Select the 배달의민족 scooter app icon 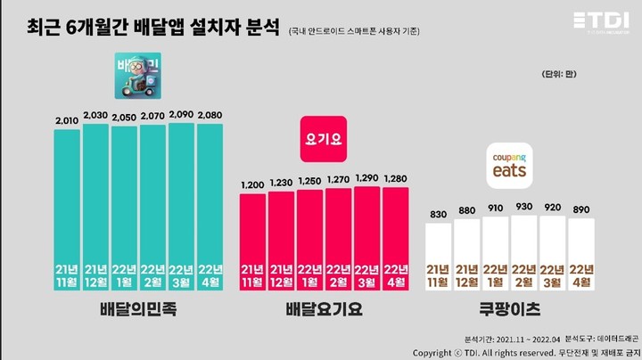pyautogui.click(x=138, y=78)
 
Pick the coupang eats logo pyautogui.click(x=510, y=166)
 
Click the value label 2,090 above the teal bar pyautogui.click(x=181, y=114)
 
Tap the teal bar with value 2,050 pyautogui.click(x=124, y=205)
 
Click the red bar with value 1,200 pyautogui.click(x=253, y=236)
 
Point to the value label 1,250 pyautogui.click(x=310, y=181)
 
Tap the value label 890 pyautogui.click(x=581, y=209)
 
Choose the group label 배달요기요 pyautogui.click(x=324, y=311)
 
